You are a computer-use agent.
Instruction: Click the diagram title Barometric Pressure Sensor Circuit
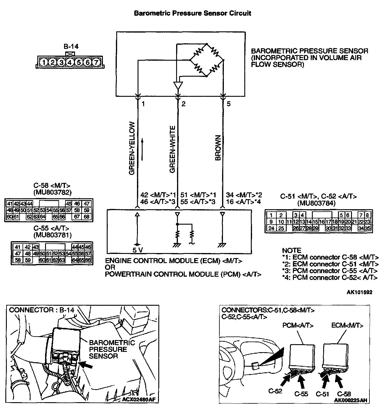(192, 13)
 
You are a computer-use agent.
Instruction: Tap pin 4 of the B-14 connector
(70, 62)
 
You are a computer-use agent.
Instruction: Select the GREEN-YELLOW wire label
(132, 148)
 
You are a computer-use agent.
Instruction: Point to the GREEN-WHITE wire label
(172, 149)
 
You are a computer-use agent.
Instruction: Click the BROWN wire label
(218, 148)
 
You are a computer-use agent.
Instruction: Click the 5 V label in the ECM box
(138, 250)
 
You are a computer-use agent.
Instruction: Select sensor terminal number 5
(229, 104)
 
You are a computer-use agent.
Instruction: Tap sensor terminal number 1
(143, 104)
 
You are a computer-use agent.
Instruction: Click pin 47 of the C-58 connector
(87, 204)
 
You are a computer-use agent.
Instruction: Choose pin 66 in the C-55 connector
(88, 260)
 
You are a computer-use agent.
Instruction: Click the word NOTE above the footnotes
(291, 250)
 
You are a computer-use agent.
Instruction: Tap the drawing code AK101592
(359, 292)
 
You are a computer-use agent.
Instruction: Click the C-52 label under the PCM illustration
(275, 391)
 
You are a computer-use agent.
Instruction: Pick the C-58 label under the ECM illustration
(344, 394)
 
